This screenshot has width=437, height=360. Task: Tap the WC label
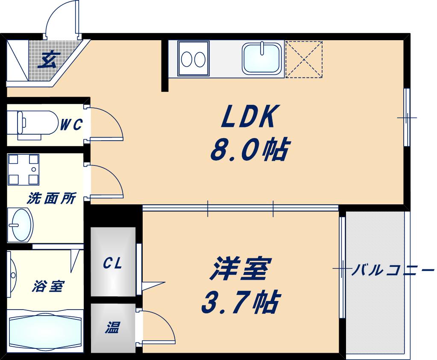point(71,124)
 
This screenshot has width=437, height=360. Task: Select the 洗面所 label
point(52,199)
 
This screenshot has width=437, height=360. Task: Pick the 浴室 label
point(48,286)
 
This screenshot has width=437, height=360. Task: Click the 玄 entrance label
point(47,60)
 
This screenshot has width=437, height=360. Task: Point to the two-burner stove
point(193,59)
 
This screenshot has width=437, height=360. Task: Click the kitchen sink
point(261,59)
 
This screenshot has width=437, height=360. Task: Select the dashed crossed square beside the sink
point(304,59)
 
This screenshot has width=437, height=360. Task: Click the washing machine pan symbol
point(23,170)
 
